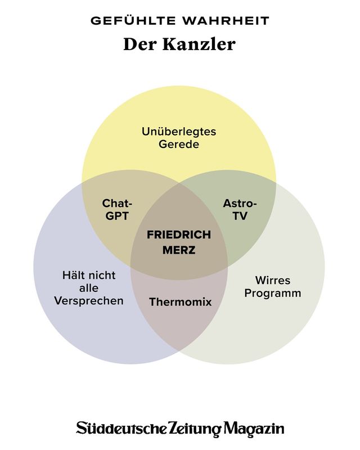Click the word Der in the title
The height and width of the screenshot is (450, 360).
141,44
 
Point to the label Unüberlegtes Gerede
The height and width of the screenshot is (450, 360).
179,137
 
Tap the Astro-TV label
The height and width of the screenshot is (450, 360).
240,209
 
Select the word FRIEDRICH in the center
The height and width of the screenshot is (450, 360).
179,235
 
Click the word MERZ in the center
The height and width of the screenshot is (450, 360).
179,250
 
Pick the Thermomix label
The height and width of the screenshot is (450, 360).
180,302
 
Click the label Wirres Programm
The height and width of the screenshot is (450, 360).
273,286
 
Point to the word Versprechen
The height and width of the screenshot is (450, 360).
89,301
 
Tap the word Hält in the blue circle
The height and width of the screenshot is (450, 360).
73,275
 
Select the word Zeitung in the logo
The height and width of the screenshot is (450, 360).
192,429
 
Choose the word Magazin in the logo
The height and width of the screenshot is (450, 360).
254,429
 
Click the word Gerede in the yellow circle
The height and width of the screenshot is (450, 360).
179,144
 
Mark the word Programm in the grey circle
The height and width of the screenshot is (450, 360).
273,293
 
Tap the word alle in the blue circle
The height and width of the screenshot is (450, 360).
89,288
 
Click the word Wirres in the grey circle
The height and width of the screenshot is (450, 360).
273,280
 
